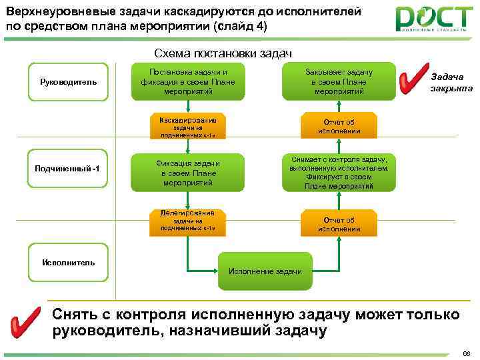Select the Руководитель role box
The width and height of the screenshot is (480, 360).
point(68,82)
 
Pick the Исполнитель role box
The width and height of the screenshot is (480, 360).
point(68,262)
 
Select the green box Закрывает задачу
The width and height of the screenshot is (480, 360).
point(338,81)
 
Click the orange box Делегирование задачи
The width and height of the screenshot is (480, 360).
point(187,221)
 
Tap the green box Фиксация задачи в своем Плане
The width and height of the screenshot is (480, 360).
point(187,173)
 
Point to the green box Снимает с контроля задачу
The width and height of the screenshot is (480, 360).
point(338,172)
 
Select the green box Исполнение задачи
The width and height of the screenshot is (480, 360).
point(265,271)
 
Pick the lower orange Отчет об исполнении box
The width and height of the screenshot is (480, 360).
point(338,224)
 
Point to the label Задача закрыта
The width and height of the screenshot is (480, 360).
point(451,82)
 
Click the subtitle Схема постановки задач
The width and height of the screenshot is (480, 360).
point(223,53)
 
